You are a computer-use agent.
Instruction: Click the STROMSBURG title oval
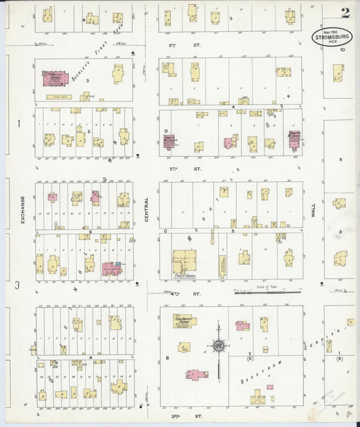pos(331,36)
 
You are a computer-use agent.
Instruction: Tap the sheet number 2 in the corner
pos(345,12)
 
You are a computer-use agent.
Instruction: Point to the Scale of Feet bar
pos(267,293)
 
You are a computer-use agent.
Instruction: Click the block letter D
pos(165,130)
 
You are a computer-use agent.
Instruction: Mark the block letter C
pos(165,230)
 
